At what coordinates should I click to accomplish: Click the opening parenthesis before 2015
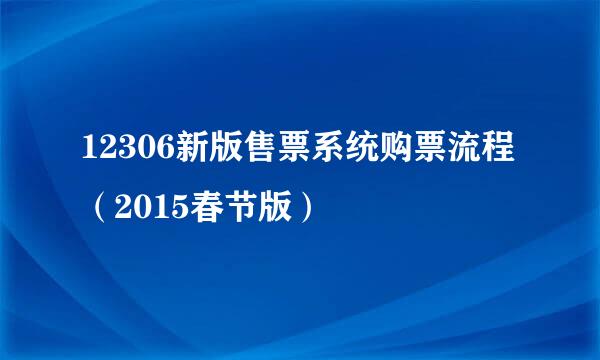pos(92,209)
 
